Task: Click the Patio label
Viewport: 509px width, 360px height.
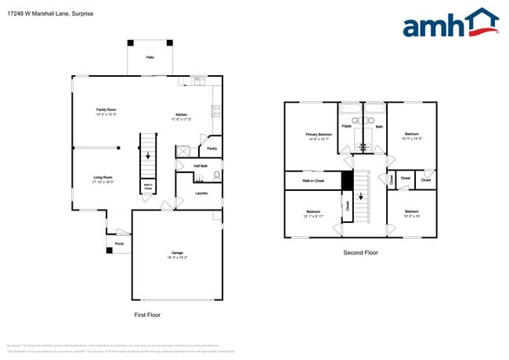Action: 150,58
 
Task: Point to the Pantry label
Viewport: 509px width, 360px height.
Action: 211,149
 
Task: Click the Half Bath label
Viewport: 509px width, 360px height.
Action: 200,166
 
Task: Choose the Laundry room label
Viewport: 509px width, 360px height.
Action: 200,193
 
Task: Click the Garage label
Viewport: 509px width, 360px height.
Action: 179,254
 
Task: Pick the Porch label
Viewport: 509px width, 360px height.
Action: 120,243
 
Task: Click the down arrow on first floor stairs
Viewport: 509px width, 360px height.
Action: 147,154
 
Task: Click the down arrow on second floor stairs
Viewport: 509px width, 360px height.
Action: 361,197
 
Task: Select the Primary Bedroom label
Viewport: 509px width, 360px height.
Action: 319,135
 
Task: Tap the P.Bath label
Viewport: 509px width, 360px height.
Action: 346,126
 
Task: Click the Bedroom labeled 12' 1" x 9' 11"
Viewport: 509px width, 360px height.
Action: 313,214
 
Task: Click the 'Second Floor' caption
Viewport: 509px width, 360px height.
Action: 361,253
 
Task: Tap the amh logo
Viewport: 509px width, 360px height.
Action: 450,23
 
